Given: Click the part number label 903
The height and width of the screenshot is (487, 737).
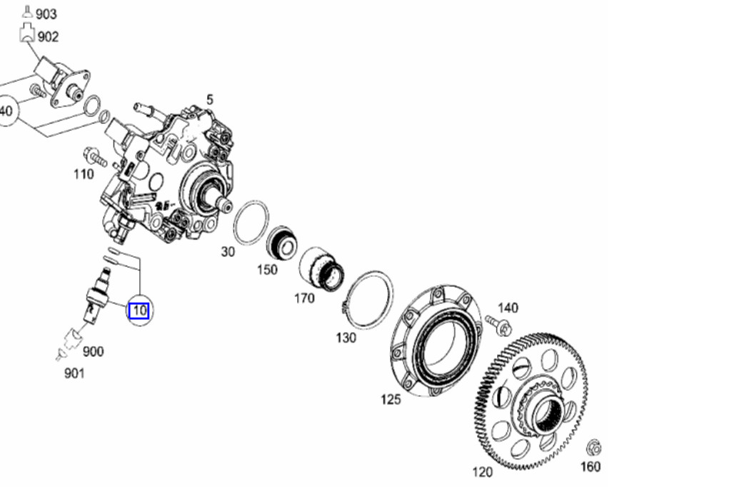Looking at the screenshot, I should pos(46,14).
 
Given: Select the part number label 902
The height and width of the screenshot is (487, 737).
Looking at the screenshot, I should pos(47,36).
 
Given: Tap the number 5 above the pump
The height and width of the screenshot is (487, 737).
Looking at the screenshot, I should pos(210,100).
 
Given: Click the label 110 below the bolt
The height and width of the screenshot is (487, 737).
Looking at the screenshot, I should pos(84,174).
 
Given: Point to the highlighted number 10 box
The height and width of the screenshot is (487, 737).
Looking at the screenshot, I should pos(139,311).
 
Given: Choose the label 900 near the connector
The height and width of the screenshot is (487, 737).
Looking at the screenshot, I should pos(93,351).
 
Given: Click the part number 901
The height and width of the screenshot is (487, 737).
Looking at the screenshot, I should pos(74,372).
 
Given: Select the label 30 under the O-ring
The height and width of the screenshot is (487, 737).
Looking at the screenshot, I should pos(227,251).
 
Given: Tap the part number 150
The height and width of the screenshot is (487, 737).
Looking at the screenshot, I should pos(267,270).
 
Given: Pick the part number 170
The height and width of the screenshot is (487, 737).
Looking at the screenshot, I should pos(304,298).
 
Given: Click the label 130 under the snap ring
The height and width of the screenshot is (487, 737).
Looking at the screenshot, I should pos(346,337).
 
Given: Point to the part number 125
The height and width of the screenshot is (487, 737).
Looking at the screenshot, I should pos(390,399).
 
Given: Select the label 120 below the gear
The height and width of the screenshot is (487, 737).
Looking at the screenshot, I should pos(482,472).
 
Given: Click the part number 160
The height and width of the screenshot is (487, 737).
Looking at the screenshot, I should pos(591,467).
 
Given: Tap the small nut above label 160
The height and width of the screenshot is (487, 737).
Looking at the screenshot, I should pos(593,448).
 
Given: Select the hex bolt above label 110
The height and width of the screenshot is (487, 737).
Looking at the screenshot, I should pos(94,156).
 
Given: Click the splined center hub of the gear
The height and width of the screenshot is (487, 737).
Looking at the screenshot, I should pos(546,415).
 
